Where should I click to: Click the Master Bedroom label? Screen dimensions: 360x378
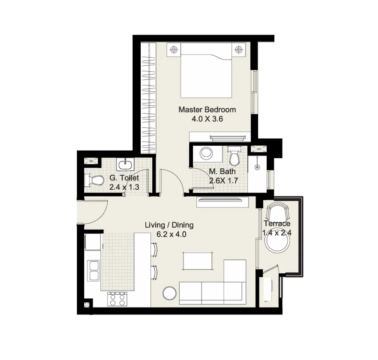[x=207, y=109]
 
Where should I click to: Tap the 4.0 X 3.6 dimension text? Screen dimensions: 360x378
[x=207, y=119]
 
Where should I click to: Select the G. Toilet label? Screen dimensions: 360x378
[x=124, y=178]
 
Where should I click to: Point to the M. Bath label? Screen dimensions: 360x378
[x=222, y=172]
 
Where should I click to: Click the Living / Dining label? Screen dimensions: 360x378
[x=169, y=225]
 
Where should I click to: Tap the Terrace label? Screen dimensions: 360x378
[x=277, y=223]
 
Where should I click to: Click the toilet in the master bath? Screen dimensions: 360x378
[x=234, y=156]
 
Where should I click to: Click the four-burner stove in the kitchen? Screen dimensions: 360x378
[x=117, y=299]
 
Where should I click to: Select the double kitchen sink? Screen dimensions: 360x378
[x=94, y=271]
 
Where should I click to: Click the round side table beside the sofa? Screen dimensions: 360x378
[x=169, y=293]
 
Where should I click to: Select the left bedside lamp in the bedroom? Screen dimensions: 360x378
[x=174, y=50]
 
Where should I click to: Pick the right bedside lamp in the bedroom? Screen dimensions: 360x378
[x=239, y=50]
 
